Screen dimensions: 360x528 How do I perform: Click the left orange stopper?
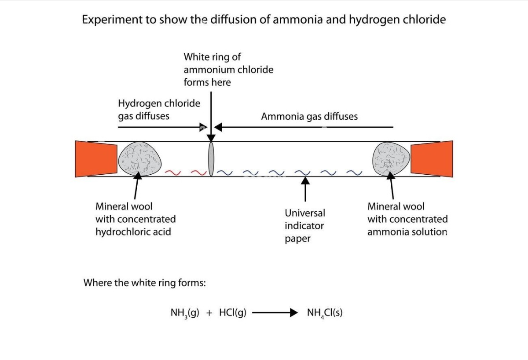pyautogui.click(x=90, y=159)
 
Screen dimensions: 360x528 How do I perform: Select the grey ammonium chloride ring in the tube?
pyautogui.click(x=212, y=158)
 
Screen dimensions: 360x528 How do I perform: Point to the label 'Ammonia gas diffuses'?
pyautogui.click(x=309, y=117)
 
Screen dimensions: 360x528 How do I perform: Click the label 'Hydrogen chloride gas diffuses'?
pyautogui.click(x=158, y=110)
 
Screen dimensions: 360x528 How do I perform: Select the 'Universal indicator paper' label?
pyautogui.click(x=304, y=226)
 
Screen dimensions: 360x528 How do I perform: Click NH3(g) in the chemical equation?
pyautogui.click(x=185, y=313)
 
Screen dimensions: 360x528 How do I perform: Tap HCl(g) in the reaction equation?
pyautogui.click(x=232, y=313)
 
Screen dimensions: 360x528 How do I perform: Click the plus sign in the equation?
pyautogui.click(x=209, y=313)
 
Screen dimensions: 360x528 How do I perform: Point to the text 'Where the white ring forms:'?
pyautogui.click(x=145, y=283)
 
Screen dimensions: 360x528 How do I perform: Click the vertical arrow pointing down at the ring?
pyautogui.click(x=211, y=114)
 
